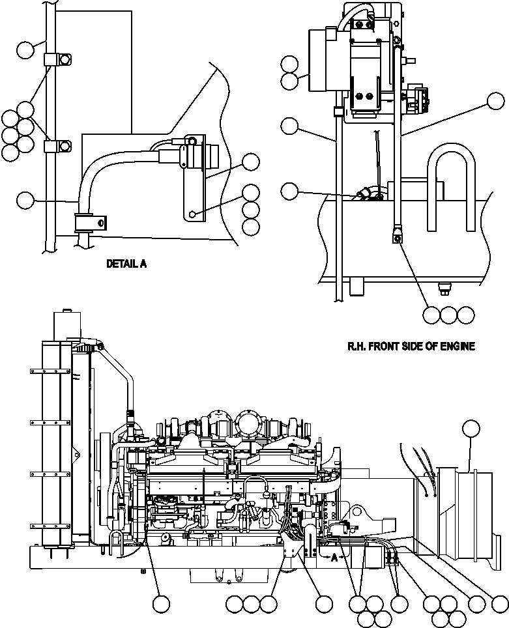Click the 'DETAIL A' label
point(126,264)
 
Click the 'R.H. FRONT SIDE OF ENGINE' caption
point(411,347)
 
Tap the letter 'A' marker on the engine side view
point(334,557)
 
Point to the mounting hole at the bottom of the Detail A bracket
point(193,213)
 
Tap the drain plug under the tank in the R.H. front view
point(446,287)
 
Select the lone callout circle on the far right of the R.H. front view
point(497,101)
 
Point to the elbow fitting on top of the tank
point(365,193)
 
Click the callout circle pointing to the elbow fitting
point(290,190)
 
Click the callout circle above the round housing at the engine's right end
point(471,428)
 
